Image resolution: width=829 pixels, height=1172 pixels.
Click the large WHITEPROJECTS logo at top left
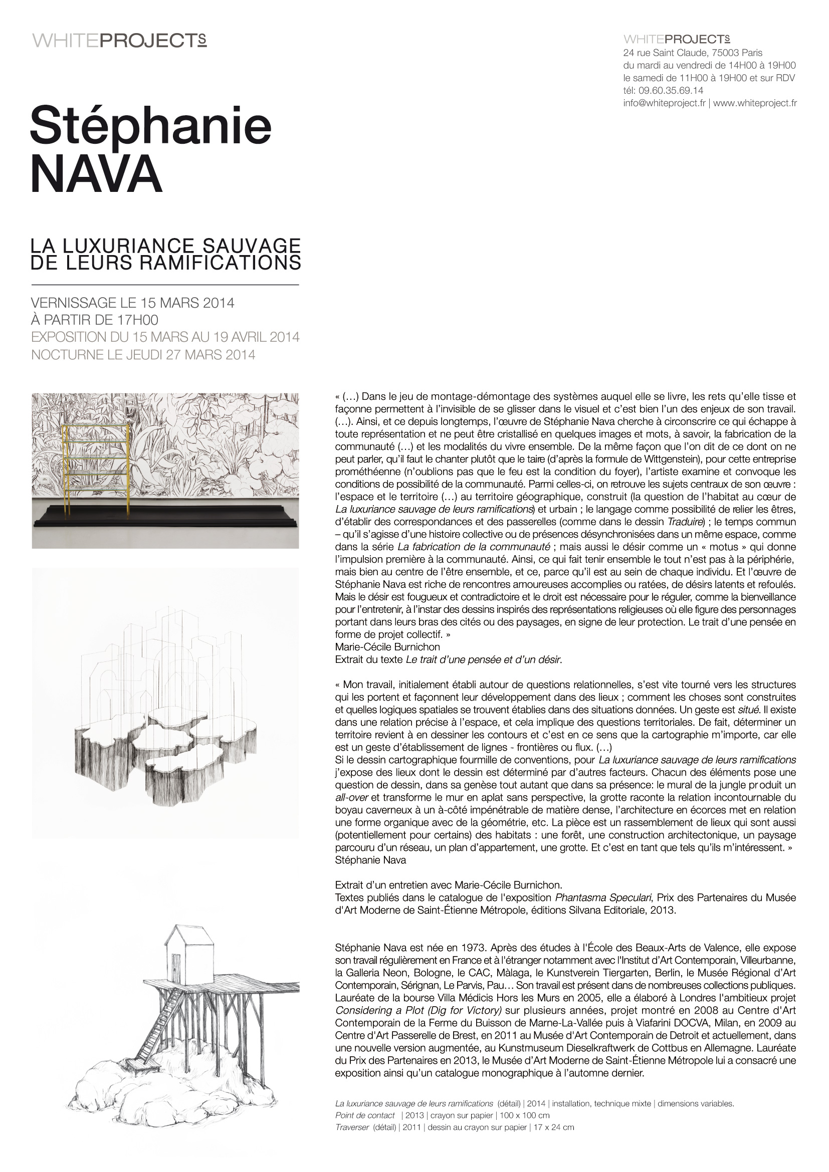119,41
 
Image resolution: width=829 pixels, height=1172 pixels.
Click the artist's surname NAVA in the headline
96,174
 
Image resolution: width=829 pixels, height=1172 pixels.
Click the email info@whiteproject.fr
664,103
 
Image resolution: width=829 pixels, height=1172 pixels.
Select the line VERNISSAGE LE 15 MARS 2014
133,303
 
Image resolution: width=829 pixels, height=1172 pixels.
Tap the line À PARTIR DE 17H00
94,320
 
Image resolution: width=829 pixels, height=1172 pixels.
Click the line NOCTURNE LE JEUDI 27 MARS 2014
143,355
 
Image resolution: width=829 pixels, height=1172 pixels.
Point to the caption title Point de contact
365,1115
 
